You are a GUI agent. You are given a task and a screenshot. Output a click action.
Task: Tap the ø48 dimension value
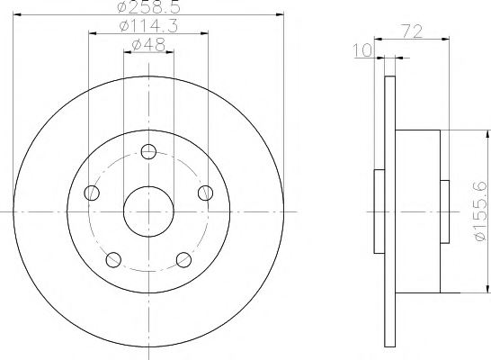click(148, 45)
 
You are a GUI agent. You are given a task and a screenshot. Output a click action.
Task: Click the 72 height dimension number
click(412, 32)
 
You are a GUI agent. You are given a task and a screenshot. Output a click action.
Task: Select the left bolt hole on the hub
click(90, 193)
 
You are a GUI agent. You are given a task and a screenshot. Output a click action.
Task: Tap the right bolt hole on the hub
click(207, 193)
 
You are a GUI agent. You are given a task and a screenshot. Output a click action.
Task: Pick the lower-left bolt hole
click(112, 260)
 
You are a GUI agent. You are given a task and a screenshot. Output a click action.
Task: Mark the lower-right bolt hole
click(184, 260)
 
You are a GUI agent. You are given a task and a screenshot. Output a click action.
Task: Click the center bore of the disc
click(148, 211)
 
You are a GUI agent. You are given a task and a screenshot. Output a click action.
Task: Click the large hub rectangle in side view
click(417, 211)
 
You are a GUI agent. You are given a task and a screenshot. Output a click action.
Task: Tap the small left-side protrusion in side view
click(378, 211)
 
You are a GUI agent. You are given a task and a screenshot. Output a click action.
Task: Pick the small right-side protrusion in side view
click(445, 211)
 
